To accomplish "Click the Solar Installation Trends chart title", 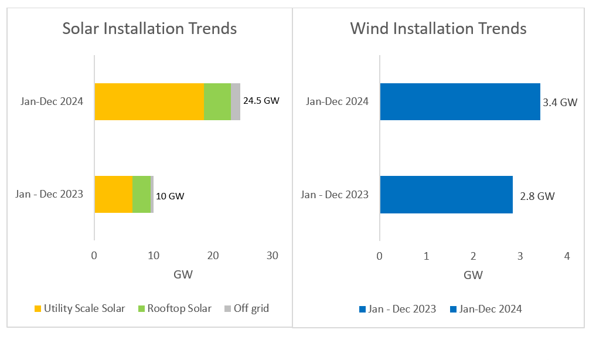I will (149, 28).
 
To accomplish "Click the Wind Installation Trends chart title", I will (438, 28).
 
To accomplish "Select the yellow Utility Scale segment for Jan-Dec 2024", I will (149, 101).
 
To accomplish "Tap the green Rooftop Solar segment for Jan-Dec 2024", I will (217, 101).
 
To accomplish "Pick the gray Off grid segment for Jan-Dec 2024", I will (235, 101).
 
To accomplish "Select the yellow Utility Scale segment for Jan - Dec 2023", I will (113, 194).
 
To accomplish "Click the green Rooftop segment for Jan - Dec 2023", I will (141, 194).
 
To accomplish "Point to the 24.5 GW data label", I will (261, 100).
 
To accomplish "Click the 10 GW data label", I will (172, 196).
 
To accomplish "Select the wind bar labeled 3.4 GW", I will (460, 101).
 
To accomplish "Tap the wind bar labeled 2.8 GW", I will (446, 194).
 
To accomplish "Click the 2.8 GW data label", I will (537, 196).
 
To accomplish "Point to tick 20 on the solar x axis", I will (213, 256).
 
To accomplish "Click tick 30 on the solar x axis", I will (272, 256).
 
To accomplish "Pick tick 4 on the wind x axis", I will (566, 256).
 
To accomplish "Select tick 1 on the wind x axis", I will (427, 256).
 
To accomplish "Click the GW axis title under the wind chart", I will (473, 274).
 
